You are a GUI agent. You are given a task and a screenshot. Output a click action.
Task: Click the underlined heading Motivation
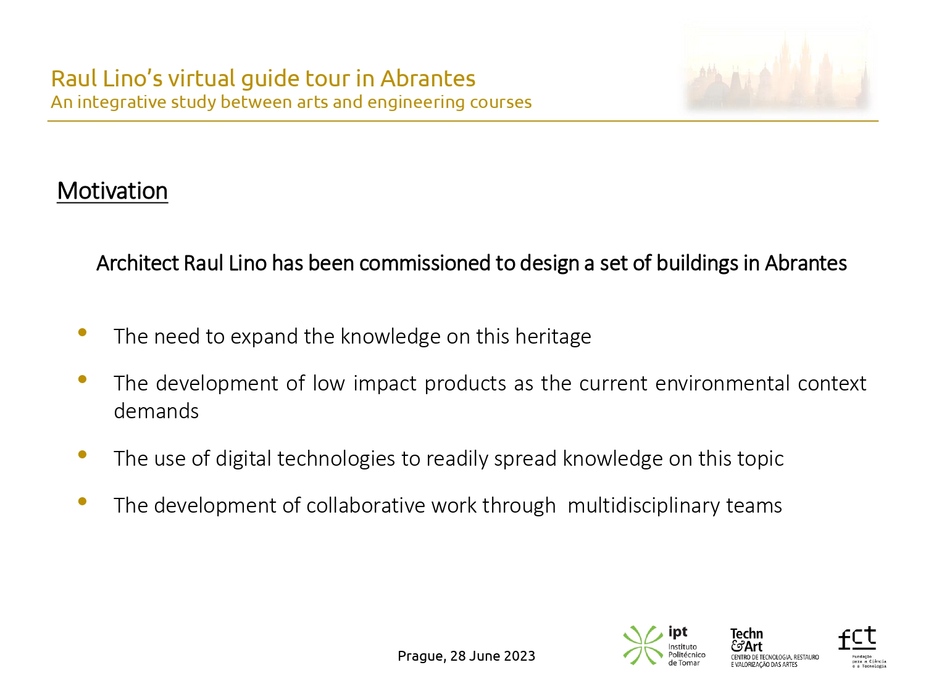click(x=112, y=191)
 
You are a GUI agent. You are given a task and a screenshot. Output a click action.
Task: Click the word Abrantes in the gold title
click(x=428, y=78)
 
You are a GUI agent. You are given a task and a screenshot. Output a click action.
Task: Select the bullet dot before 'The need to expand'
click(x=82, y=333)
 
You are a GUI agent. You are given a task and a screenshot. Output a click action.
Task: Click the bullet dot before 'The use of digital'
click(x=82, y=454)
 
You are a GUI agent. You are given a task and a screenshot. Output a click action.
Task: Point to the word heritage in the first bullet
click(x=553, y=337)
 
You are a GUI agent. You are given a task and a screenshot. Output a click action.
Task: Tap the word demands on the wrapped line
click(x=156, y=411)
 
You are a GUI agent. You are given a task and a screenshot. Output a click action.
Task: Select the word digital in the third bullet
click(x=243, y=458)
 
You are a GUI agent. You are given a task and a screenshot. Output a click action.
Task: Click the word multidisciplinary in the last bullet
click(x=644, y=506)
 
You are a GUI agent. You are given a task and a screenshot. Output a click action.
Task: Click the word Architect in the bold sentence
click(x=138, y=263)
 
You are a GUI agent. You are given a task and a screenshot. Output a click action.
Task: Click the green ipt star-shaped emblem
click(x=643, y=645)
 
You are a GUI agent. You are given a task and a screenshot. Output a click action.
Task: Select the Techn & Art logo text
click(x=747, y=640)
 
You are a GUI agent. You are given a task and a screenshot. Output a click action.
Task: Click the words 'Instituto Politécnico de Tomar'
click(x=686, y=655)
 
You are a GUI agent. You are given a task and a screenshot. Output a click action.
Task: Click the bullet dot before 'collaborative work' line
click(x=82, y=502)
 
